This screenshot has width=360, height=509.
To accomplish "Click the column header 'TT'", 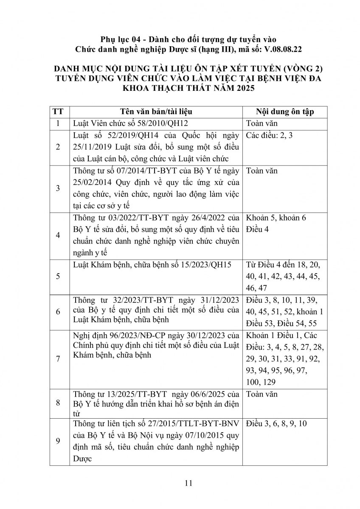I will (x=58, y=112).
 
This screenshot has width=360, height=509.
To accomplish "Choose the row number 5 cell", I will (x=58, y=276).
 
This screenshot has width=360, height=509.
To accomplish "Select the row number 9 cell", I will (x=58, y=441).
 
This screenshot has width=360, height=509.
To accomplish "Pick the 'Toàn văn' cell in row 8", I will (x=262, y=394).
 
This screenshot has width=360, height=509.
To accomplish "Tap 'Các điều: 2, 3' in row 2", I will (x=269, y=136).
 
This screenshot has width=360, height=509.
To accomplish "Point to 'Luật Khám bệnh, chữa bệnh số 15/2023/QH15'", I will (x=152, y=265).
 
